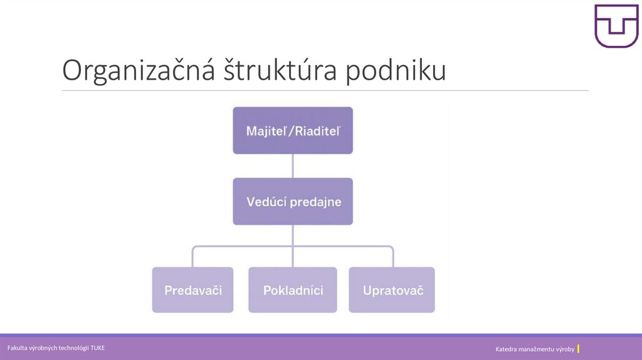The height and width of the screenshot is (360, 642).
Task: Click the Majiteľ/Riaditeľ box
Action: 293,130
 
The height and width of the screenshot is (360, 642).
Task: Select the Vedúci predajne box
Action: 293,201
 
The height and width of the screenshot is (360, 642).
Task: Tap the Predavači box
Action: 192,290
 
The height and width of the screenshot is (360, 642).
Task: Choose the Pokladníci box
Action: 293,290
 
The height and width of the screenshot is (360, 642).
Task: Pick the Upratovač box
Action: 392,290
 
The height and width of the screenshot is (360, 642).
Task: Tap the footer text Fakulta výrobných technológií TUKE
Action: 56,347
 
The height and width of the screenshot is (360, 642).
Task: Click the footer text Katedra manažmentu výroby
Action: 534,349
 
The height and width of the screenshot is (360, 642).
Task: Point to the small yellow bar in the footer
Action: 578,348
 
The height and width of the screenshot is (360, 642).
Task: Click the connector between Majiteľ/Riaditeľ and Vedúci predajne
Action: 293,166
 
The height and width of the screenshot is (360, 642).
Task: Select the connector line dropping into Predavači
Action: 192,257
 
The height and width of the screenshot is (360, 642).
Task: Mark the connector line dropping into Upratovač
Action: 393,257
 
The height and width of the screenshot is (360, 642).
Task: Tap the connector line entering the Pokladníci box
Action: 293,257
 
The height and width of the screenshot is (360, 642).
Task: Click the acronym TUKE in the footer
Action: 97,347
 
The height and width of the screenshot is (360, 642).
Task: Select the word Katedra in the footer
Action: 507,349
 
